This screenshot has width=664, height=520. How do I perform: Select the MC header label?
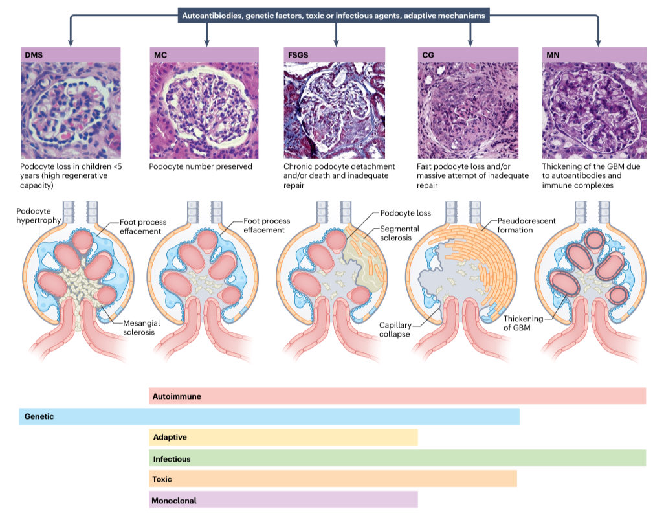(160, 54)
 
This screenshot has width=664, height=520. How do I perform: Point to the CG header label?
(426, 54)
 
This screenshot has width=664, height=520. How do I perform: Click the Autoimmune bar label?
(177, 395)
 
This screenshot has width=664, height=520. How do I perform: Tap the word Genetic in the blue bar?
(39, 417)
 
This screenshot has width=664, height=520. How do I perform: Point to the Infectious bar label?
(172, 458)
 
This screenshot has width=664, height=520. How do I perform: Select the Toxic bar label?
(162, 480)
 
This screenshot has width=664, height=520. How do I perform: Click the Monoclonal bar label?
(175, 501)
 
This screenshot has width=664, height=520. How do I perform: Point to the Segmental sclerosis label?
(400, 233)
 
